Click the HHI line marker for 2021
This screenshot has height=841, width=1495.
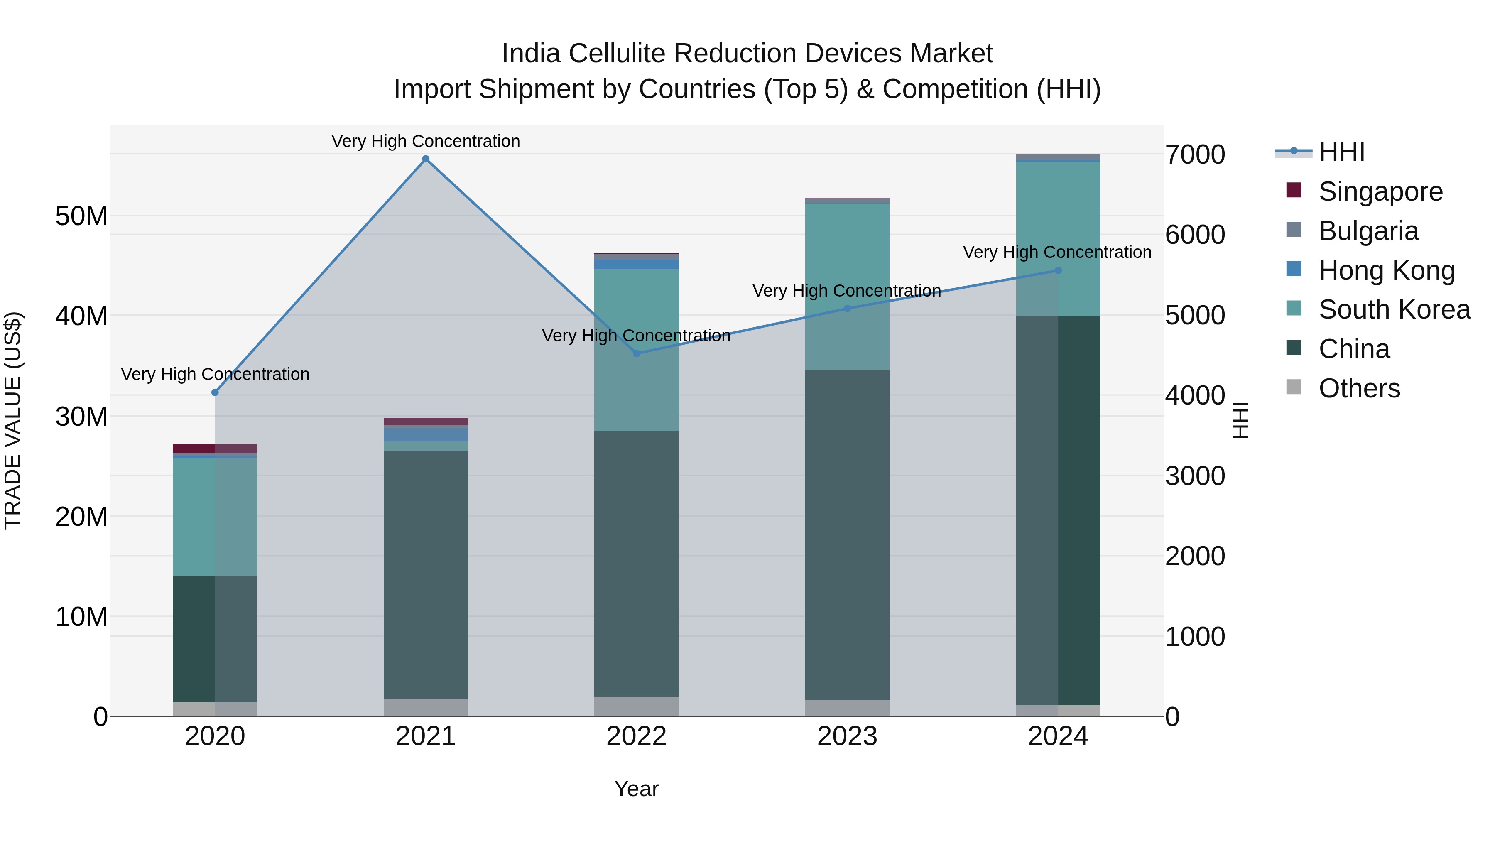pos(425,159)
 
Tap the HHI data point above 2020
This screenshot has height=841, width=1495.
pos(215,392)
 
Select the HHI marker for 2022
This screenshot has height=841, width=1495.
pos(636,353)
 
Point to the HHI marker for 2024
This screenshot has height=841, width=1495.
pos(1057,270)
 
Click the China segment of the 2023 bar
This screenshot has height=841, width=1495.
pos(847,534)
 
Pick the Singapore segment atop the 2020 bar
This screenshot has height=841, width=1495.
pos(215,449)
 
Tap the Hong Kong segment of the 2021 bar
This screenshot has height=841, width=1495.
pos(425,434)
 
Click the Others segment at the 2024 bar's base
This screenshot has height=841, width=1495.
pos(1057,711)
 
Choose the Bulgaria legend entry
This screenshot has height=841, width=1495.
pos(1368,231)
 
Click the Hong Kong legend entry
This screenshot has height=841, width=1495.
pos(1387,270)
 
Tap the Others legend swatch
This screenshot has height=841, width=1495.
pos(1294,387)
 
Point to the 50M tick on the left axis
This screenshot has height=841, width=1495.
pos(81,216)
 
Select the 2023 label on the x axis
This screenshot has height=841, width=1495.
pos(847,736)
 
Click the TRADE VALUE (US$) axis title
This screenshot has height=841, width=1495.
pos(13,420)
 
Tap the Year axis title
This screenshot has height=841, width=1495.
pos(636,789)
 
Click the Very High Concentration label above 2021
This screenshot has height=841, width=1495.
pos(425,141)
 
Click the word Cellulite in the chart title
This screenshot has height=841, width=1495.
pos(618,54)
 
